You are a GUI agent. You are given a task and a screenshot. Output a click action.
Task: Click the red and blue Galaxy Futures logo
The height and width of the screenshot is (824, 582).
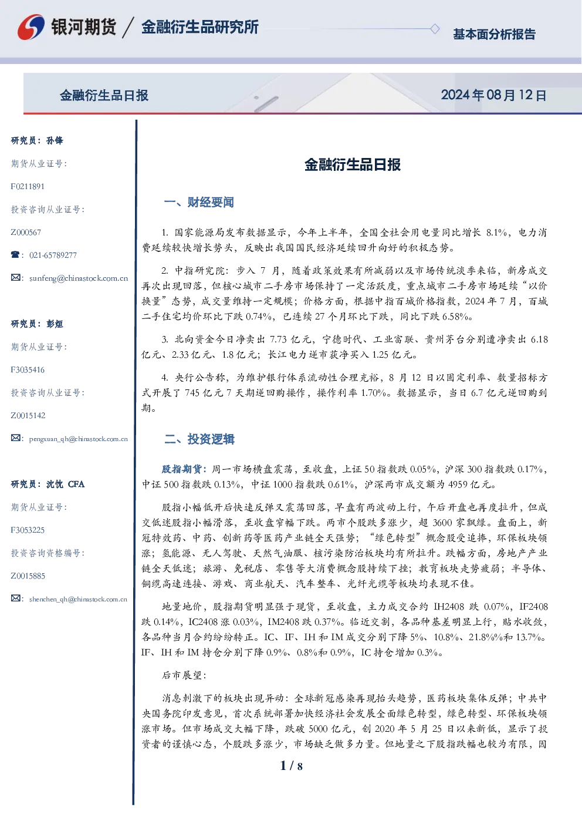click(31, 27)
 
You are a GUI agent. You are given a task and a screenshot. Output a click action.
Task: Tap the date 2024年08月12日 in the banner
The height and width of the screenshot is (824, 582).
click(493, 95)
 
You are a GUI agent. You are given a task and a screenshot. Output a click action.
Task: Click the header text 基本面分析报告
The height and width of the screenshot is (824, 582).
click(494, 34)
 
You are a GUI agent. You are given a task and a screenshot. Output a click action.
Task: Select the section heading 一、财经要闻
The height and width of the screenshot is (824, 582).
click(199, 202)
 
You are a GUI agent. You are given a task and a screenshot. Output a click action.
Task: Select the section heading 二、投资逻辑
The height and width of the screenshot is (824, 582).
click(199, 439)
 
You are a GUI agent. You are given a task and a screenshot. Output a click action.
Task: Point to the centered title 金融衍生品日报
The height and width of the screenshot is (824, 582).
click(353, 164)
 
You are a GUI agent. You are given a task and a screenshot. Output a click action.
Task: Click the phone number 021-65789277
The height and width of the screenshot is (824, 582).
click(53, 255)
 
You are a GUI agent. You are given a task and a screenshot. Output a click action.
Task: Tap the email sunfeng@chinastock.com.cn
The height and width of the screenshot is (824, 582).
click(79, 278)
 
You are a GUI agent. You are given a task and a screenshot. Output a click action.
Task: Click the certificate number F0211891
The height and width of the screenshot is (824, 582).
click(28, 187)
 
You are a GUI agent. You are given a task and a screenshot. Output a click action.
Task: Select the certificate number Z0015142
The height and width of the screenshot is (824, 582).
click(28, 416)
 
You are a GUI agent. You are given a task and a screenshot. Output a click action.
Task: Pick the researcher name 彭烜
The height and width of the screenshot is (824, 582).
click(55, 324)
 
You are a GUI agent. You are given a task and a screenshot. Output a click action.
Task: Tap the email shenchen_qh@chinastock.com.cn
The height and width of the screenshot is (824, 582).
click(78, 599)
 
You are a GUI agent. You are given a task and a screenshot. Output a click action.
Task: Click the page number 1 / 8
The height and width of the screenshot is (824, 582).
click(291, 766)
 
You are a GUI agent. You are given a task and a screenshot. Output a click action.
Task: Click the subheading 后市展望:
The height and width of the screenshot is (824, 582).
click(184, 675)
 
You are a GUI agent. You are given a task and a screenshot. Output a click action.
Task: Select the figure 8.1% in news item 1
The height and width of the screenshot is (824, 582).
click(496, 232)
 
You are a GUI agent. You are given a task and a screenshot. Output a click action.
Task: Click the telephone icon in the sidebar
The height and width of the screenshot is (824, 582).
click(15, 254)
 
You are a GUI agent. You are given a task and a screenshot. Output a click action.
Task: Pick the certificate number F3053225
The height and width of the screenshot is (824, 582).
click(28, 530)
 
